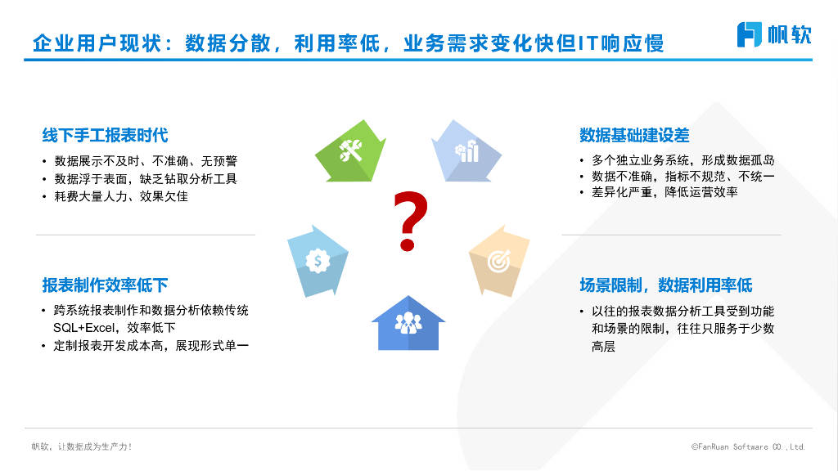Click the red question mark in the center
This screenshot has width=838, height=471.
click(409, 221)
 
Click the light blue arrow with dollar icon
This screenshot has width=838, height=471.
click(317, 260)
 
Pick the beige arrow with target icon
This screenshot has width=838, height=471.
click(499, 262)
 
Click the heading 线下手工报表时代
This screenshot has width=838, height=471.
click(105, 135)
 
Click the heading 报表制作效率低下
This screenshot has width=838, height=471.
click(105, 285)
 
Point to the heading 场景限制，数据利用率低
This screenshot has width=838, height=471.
click(665, 285)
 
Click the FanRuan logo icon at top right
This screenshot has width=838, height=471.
click(750, 34)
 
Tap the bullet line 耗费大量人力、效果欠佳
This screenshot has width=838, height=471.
click(121, 196)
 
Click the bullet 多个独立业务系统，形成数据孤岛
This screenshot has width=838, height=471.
click(683, 160)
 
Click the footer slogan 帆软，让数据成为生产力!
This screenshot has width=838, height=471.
click(82, 447)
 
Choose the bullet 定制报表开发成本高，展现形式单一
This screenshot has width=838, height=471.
click(151, 346)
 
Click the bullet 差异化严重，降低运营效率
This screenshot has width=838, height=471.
click(665, 193)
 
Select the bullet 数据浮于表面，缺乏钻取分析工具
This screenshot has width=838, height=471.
click(146, 178)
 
